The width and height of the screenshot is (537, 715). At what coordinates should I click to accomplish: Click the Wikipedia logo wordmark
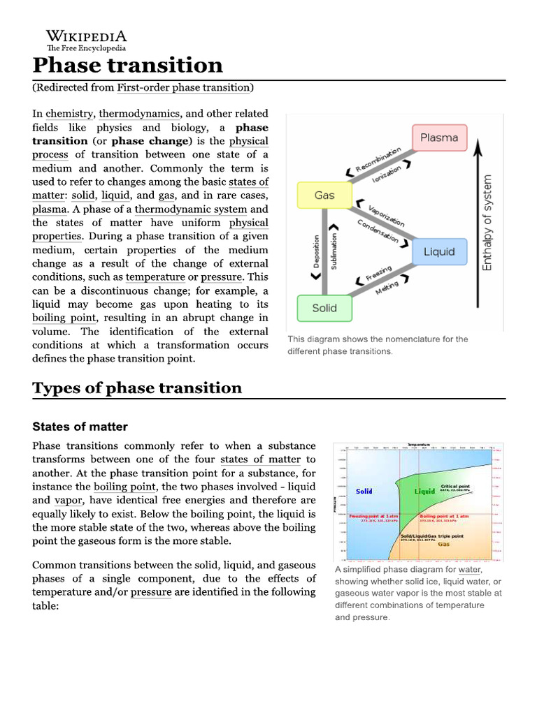click(x=87, y=36)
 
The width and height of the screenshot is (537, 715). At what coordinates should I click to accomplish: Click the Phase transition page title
click(x=127, y=66)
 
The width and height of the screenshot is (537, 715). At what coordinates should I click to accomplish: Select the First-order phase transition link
click(x=183, y=88)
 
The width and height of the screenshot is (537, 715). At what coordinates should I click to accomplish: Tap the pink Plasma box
click(x=438, y=138)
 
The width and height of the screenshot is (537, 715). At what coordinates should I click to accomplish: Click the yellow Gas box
click(x=324, y=196)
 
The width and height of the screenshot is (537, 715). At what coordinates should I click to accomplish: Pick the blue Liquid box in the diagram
click(x=438, y=251)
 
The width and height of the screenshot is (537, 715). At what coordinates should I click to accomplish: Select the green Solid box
click(x=324, y=307)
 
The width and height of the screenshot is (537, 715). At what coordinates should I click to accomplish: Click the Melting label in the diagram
click(x=387, y=287)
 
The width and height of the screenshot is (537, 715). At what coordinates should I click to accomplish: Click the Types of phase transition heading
click(x=137, y=388)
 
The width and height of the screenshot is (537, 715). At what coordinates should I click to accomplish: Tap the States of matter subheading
click(x=80, y=427)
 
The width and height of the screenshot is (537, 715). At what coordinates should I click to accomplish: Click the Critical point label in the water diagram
click(x=455, y=486)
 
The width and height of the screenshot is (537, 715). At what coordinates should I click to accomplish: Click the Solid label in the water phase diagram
click(x=364, y=492)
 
